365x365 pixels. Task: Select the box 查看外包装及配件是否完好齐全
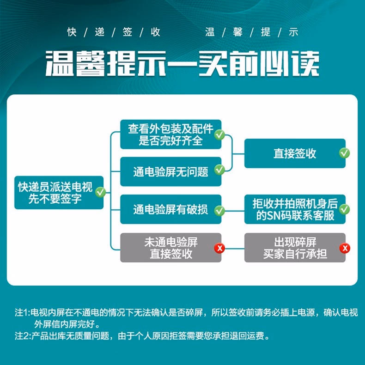170,134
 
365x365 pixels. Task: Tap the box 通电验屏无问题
170,171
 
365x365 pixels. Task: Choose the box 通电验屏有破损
170,210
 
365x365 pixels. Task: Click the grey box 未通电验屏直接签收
170,248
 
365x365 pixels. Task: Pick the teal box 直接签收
295,153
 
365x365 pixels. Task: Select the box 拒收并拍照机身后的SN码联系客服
295,210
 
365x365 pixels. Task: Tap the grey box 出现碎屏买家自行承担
295,248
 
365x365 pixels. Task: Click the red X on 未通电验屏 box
219,249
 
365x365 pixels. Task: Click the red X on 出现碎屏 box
345,249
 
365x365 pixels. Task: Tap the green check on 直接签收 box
344,153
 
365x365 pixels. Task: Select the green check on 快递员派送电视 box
100,192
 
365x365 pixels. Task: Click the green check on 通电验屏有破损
219,211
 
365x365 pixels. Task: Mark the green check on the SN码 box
344,209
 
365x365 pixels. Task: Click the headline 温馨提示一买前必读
182,64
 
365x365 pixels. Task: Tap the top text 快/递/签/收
114,32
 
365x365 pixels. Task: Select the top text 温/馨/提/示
252,32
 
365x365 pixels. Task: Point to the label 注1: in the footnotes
22,312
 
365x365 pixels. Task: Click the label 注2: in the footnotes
22,336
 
